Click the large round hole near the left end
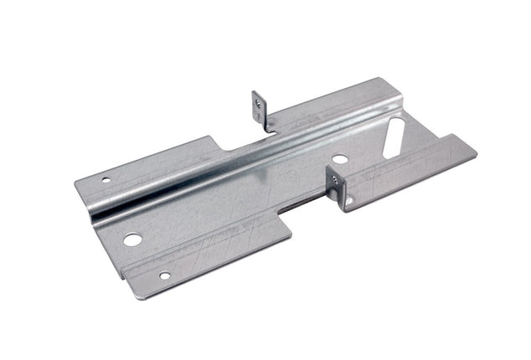(132, 239)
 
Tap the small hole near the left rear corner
(106, 178)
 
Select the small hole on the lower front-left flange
(165, 275)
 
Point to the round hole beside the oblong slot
(338, 159)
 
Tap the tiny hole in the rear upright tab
(259, 103)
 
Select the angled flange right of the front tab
(410, 172)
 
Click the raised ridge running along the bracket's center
(243, 159)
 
